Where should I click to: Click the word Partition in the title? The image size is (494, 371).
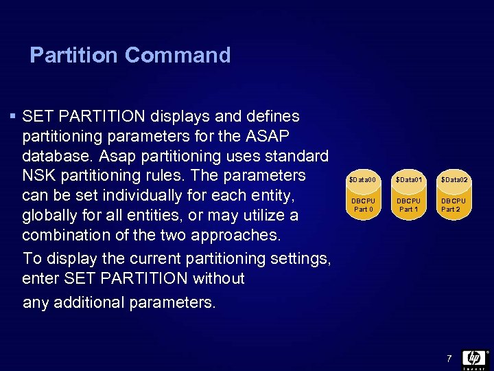coord(75,55)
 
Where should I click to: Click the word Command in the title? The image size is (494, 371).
coord(178,55)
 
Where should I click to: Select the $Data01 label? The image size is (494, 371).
coord(408,179)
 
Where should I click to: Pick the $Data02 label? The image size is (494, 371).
coord(454,179)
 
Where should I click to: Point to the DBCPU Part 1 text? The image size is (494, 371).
coord(408,205)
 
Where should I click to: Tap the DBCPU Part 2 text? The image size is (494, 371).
coord(454,205)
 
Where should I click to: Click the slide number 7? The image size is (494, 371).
coord(449,358)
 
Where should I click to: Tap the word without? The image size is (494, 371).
coord(218,278)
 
